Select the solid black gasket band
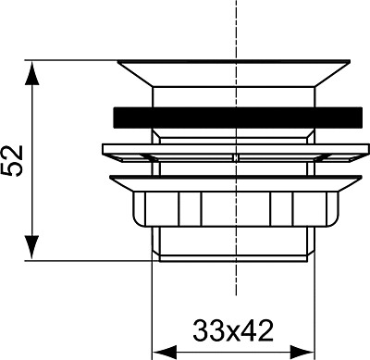(x=237, y=118)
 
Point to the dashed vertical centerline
(x=237, y=28)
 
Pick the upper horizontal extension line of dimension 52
(x=74, y=62)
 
